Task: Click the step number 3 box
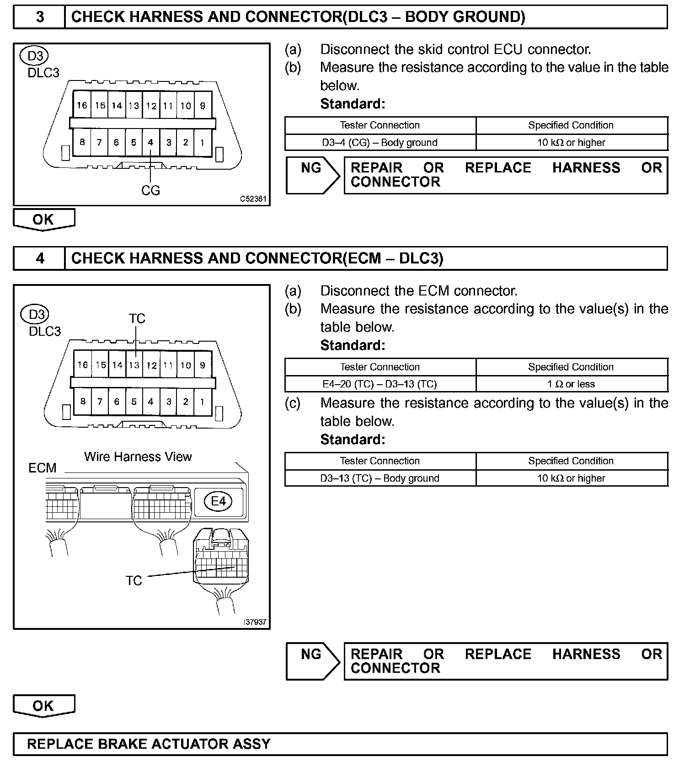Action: coord(40,17)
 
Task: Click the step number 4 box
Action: coord(40,258)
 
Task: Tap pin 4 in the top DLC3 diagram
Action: coord(150,142)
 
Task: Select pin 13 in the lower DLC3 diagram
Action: coord(134,365)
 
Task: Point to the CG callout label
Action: coord(150,190)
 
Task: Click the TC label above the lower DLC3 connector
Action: coord(137,318)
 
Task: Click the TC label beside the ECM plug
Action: coord(134,580)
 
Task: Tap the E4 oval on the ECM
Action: coord(218,501)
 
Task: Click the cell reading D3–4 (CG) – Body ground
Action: coord(380,143)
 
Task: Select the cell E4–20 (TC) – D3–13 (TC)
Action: coord(380,384)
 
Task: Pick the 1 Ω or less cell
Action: coord(571,384)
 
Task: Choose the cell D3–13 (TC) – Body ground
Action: coord(380,478)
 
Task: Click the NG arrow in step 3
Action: coord(312,175)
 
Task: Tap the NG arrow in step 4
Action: coord(312,661)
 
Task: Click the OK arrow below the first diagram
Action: coord(43,220)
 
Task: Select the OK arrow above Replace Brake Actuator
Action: coord(43,706)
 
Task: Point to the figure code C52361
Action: coord(253,199)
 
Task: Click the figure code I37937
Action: coord(255,622)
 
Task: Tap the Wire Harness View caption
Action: coord(138,456)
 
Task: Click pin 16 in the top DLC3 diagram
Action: coord(82,105)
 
